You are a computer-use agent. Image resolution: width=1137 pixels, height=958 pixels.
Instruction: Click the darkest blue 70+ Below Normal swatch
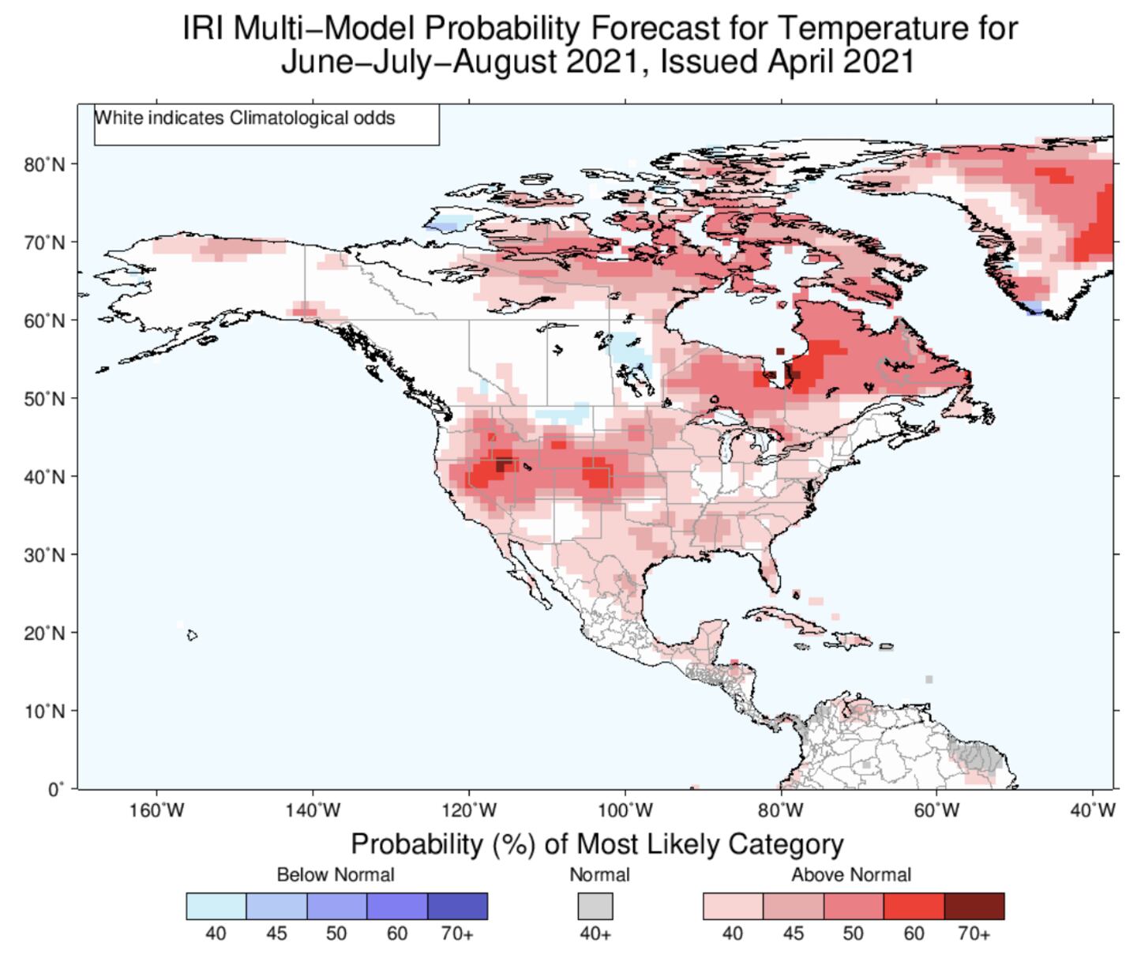[x=457, y=906]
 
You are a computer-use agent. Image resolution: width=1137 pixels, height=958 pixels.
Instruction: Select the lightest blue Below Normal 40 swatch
[x=216, y=906]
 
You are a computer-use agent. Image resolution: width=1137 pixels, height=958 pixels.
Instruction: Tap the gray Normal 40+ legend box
[x=595, y=906]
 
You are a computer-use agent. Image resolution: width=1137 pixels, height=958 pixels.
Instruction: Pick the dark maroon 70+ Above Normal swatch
[x=974, y=906]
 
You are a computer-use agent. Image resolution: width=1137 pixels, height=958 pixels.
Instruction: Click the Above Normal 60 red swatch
[x=914, y=906]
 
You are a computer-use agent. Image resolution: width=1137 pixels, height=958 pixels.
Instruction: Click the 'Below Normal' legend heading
[x=336, y=874]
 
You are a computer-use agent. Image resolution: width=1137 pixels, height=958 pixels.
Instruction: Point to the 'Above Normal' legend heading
[x=851, y=874]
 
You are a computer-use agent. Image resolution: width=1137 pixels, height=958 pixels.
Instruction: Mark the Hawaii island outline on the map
[x=192, y=634]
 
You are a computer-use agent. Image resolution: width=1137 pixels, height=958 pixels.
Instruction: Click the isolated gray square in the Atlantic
[x=929, y=679]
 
